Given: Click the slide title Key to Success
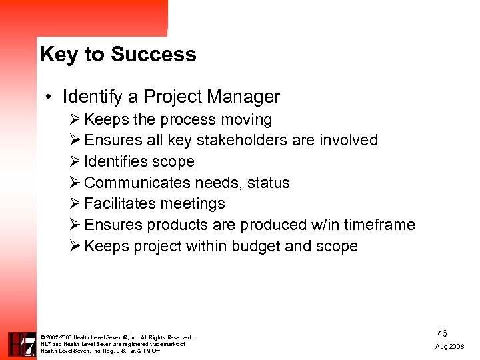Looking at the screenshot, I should coord(118,54).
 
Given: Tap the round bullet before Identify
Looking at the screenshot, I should coord(50,97).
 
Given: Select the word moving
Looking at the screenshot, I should coord(247,120).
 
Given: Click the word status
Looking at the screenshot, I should coord(268,183).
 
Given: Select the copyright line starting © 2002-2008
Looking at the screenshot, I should coord(117,337).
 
